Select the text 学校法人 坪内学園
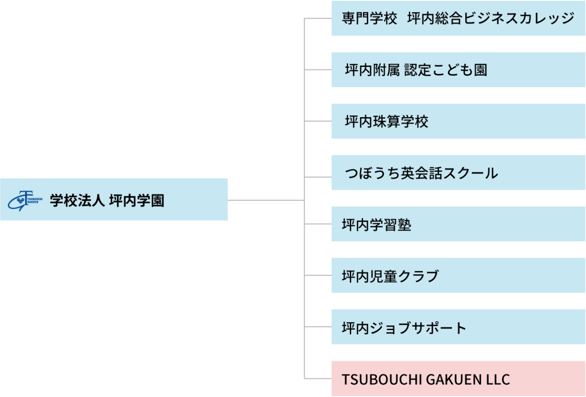[x=107, y=201]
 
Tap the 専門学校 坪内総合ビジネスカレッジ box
[x=458, y=19]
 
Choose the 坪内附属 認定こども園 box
[x=458, y=70]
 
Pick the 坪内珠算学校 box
[x=458, y=122]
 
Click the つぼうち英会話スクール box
[x=458, y=173]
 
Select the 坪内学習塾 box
[x=458, y=224]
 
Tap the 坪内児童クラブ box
[x=458, y=276]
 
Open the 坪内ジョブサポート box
[x=458, y=327]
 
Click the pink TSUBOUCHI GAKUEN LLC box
[x=458, y=378]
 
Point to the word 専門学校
[x=369, y=19]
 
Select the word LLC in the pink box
[x=497, y=379]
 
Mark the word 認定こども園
[x=445, y=70]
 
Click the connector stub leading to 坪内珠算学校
[x=318, y=122]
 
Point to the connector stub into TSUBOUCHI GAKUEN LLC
[x=318, y=378]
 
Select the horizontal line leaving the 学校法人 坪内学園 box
[x=266, y=200]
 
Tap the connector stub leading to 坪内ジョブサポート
[x=318, y=327]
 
